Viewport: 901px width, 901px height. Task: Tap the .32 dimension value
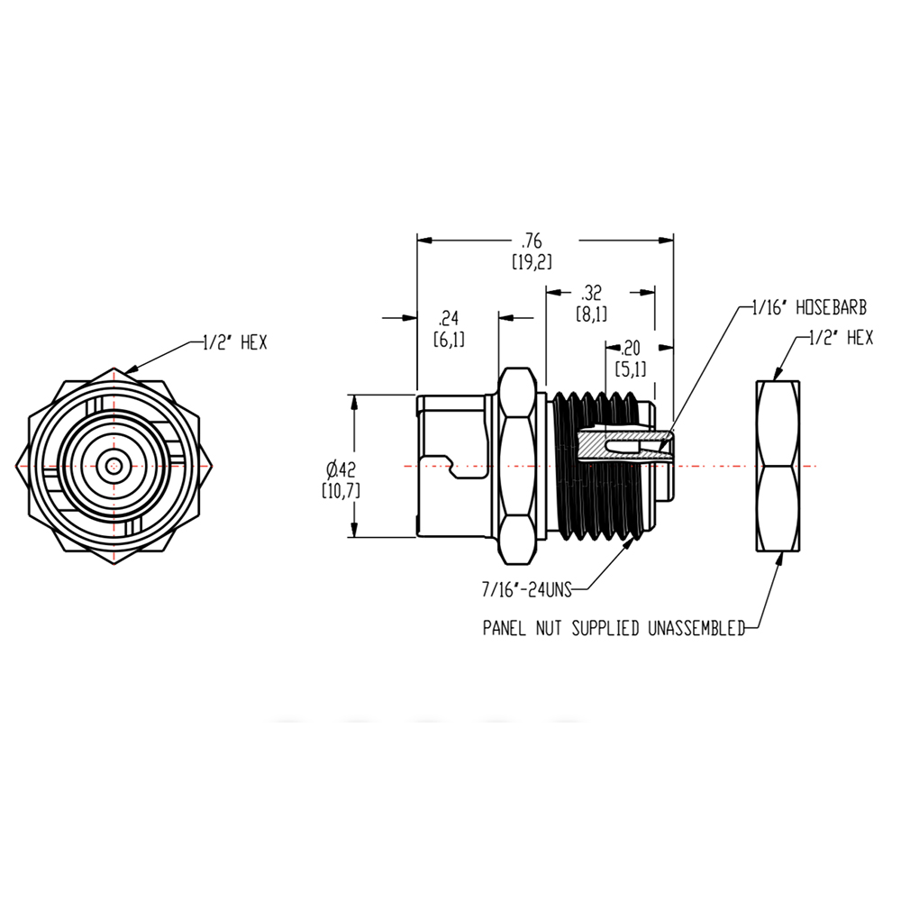pyautogui.click(x=592, y=293)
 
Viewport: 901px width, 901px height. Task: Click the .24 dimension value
pyautogui.click(x=448, y=317)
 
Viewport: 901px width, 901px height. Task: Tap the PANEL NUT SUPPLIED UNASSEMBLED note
pyautogui.click(x=614, y=629)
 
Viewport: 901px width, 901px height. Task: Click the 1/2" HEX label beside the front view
pyautogui.click(x=229, y=343)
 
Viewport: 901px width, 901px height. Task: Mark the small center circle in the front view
pyautogui.click(x=113, y=466)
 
